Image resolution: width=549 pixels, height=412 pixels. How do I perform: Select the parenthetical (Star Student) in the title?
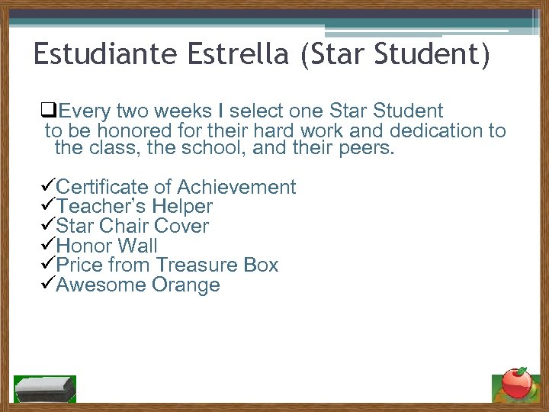pos(395,55)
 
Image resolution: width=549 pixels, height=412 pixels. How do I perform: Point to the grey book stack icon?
pos(46,388)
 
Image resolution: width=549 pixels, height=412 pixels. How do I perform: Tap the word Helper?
pos(182,207)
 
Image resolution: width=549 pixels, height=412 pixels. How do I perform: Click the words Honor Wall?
pos(107,246)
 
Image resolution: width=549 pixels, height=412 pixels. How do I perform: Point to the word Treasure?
pos(197,266)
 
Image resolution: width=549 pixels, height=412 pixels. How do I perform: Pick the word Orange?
pos(186,285)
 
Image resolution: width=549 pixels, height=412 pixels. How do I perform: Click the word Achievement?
pos(237,187)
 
